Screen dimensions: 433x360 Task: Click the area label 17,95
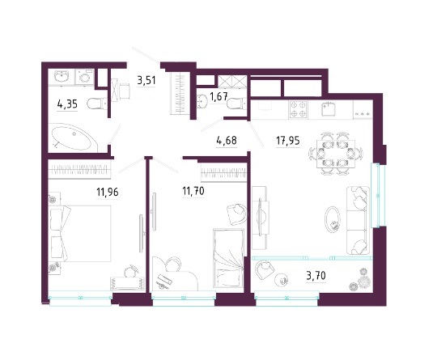288,141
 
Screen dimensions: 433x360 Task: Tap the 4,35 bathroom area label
67,104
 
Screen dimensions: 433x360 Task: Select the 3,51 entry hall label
146,81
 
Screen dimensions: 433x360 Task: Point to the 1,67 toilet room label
219,96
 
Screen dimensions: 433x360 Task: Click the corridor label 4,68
227,140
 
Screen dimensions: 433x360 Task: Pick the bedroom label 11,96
108,191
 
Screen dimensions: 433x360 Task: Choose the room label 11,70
193,190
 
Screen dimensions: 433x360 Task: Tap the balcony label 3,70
316,276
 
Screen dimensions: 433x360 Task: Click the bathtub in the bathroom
74,138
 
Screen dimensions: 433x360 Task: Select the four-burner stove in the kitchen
298,109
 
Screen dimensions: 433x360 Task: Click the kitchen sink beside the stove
329,109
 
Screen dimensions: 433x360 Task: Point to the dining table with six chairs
336,154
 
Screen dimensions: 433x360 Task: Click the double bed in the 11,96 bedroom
80,233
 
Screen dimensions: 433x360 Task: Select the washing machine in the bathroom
85,78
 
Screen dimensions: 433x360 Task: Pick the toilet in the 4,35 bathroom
97,104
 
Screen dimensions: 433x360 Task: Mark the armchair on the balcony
264,270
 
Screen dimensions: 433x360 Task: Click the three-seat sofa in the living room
358,220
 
